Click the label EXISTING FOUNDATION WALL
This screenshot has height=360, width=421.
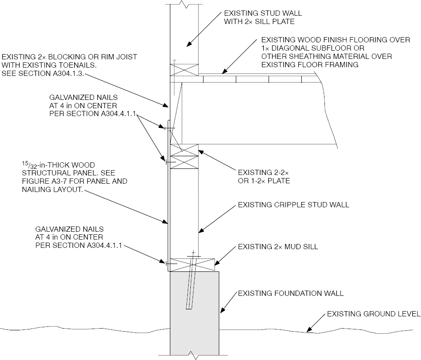pyautogui.click(x=290, y=293)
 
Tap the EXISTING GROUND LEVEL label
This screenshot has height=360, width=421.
pyautogui.click(x=373, y=314)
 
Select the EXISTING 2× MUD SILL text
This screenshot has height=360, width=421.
pyautogui.click(x=278, y=247)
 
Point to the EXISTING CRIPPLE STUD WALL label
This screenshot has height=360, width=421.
pyautogui.click(x=293, y=205)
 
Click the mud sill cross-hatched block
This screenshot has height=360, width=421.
pyautogui.click(x=192, y=264)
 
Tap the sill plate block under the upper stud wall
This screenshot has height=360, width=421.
pyautogui.click(x=184, y=71)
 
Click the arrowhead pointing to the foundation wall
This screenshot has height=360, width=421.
pyautogui.click(x=221, y=312)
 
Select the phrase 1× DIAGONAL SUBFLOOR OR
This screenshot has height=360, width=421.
pyautogui.click(x=312, y=48)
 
